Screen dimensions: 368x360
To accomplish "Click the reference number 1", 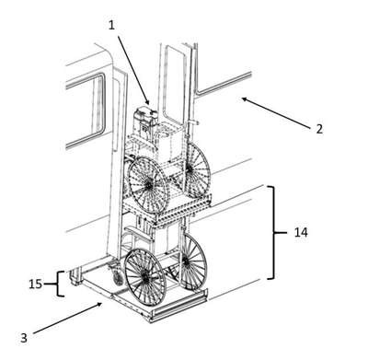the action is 111,25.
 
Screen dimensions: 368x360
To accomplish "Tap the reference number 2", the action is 319,129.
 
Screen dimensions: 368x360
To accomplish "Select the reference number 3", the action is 24,338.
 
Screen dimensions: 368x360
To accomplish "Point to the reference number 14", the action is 301,232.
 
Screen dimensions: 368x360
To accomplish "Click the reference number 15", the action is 35,284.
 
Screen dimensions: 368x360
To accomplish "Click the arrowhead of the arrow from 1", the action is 148,103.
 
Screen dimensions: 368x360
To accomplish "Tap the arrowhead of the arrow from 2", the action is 244,99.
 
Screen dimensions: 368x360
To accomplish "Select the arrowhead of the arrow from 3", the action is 100,304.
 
